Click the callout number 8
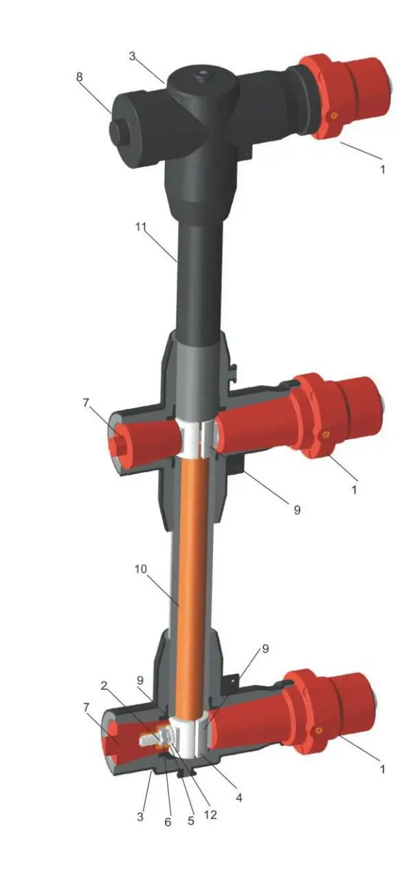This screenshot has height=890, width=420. (80, 77)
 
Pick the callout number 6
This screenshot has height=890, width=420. (168, 821)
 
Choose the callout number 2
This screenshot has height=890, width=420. (104, 686)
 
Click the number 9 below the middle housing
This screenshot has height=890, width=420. (296, 511)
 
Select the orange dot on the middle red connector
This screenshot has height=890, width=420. (326, 434)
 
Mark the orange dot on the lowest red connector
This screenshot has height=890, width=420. (319, 731)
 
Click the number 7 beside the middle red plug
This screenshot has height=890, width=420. (86, 403)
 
